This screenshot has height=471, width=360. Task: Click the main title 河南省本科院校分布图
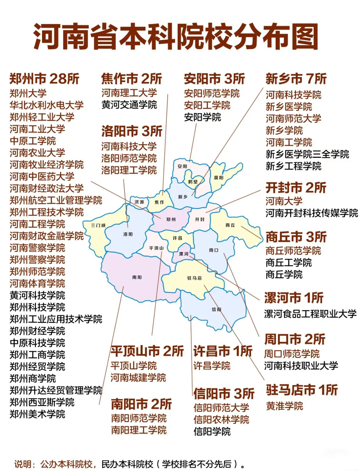176,37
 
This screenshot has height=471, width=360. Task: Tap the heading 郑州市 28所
44,79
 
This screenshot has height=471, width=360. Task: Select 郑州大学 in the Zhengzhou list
28,93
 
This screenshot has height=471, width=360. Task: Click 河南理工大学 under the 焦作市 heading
129,93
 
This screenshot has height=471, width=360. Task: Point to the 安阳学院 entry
202,117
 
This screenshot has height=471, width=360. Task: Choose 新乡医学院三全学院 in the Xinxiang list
307,154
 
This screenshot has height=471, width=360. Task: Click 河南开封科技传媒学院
312,213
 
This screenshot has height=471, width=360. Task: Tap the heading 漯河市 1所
294,298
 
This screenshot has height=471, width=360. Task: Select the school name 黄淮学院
284,406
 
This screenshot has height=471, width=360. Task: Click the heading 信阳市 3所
224,394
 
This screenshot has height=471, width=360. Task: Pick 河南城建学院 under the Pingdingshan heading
138,378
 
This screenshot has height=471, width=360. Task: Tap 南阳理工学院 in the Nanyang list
139,430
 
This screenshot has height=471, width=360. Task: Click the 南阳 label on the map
137,277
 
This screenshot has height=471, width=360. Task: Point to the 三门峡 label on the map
98,225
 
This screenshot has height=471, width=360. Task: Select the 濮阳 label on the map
219,178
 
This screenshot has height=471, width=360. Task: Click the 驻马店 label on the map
194,278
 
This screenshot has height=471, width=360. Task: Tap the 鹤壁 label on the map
193,182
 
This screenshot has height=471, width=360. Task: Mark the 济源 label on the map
139,202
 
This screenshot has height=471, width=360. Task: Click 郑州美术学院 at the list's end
37,414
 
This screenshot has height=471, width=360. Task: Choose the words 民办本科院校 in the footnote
127,464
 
